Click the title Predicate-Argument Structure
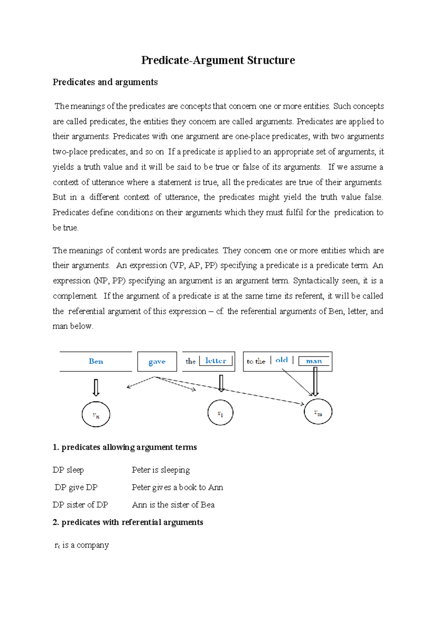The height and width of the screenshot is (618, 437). (x=218, y=60)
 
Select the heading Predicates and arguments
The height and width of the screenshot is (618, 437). (x=105, y=82)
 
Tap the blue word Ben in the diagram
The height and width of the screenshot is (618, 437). (x=96, y=361)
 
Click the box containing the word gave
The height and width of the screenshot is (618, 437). (x=157, y=361)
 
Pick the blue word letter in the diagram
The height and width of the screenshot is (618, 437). (x=216, y=361)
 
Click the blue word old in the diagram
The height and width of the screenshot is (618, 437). (x=282, y=360)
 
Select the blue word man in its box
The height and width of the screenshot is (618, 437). (x=314, y=361)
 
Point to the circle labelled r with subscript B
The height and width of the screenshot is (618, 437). (x=96, y=414)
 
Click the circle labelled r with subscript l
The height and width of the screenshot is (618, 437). (x=220, y=412)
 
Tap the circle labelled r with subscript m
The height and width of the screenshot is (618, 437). (x=318, y=412)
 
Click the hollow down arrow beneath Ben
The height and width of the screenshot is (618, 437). (x=96, y=387)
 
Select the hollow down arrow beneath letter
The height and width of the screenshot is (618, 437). (x=221, y=383)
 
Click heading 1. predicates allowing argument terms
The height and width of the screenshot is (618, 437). (x=125, y=447)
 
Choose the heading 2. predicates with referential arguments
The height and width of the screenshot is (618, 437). (x=128, y=522)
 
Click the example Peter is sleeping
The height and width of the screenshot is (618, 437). (x=161, y=470)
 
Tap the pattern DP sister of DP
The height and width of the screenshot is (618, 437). (x=80, y=505)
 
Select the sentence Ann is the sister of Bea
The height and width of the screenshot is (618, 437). (x=173, y=505)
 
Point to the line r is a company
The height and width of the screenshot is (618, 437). (x=82, y=545)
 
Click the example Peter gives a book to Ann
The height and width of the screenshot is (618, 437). (x=177, y=487)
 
